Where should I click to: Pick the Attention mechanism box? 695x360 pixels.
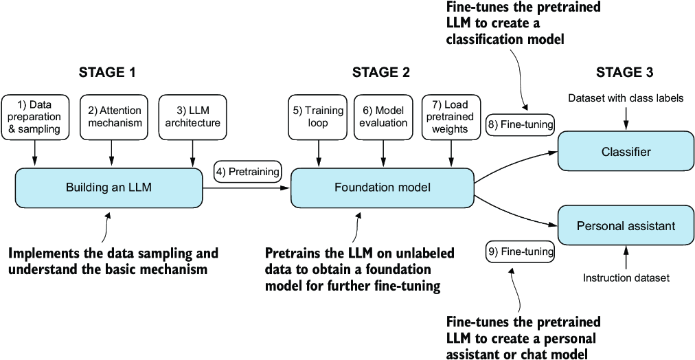[115, 116]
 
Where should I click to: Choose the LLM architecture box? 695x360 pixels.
[190, 116]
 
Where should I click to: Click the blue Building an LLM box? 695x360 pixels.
[109, 187]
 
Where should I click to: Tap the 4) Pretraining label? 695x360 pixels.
[248, 171]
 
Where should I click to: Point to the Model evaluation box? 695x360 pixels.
[381, 116]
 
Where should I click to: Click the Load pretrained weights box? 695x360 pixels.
[451, 116]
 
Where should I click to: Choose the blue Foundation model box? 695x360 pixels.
[383, 187]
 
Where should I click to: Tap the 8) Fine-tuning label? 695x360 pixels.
[520, 124]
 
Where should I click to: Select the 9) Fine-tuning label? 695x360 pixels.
[520, 252]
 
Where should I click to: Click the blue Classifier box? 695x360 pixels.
[626, 152]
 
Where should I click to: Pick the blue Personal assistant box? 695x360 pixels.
[626, 225]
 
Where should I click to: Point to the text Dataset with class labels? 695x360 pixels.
[626, 98]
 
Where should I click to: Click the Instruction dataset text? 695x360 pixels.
[626, 278]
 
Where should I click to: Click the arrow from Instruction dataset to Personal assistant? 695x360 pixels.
[626, 258]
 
